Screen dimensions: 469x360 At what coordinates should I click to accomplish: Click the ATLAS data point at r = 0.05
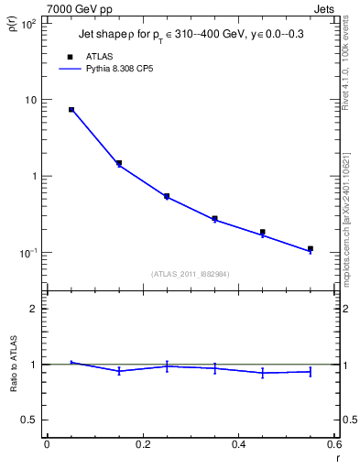pos(71,110)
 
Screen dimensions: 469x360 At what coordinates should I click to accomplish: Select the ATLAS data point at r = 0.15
pos(119,163)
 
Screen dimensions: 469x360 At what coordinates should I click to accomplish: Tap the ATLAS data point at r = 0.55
pos(311,248)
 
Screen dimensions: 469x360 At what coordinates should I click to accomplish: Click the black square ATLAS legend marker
pos(71,56)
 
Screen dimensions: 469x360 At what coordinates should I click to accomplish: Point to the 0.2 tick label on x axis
pos(142,444)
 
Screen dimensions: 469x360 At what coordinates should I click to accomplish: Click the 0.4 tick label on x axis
pos(238,444)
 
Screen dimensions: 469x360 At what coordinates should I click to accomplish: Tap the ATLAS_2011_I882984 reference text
pos(190,273)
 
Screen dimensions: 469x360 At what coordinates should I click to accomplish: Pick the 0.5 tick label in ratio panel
pos(28,420)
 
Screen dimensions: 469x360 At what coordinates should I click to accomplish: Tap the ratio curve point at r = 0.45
pos(262,373)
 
